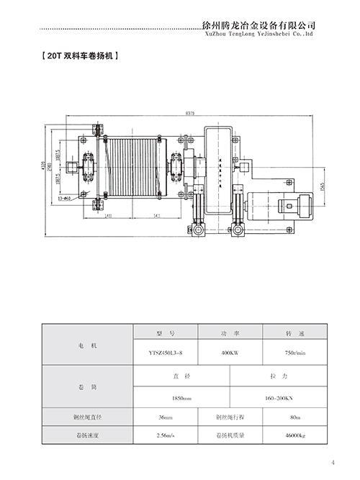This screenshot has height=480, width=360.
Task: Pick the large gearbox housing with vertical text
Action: [217, 170]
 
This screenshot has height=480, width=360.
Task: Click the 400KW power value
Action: [230, 353]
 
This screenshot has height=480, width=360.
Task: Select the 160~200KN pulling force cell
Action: [277, 397]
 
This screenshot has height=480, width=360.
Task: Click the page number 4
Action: [333, 463]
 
